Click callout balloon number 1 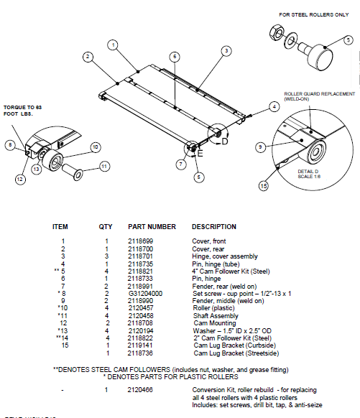pos(113,45)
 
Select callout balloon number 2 pos(86,56)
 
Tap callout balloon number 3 pos(226,50)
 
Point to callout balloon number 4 pos(274,106)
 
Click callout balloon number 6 pos(175,56)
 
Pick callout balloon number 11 pos(103,166)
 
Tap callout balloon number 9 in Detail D pos(259,147)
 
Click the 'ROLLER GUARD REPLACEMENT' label pos(319,94)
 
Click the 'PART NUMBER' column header pos(152,226)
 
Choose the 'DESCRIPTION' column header pos(214,226)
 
